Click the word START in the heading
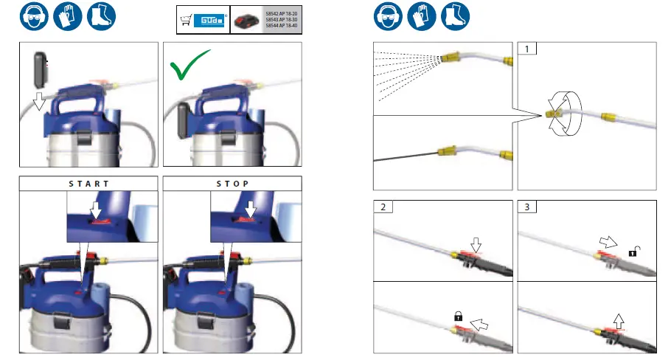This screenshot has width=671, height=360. tap(88, 183)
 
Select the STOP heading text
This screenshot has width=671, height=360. tap(233, 183)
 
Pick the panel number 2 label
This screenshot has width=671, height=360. tap(383, 207)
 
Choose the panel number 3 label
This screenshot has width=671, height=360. tap(526, 207)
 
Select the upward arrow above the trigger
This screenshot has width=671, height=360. tap(618, 319)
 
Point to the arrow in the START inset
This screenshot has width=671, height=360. tap(94, 212)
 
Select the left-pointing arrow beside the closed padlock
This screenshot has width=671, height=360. tap(480, 322)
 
